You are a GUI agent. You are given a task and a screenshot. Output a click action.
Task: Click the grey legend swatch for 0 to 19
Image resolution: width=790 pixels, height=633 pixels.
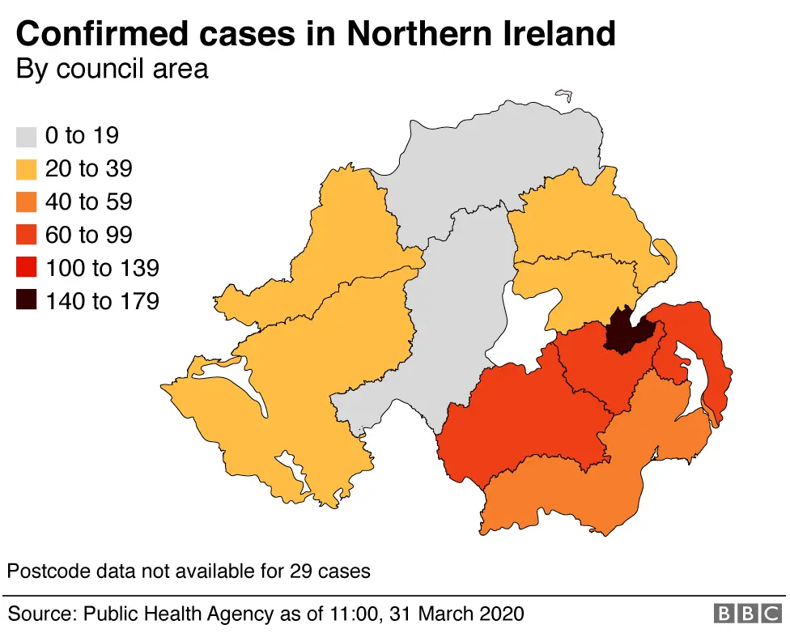(27, 135)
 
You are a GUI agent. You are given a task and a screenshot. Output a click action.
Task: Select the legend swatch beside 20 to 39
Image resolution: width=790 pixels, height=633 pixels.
(27, 168)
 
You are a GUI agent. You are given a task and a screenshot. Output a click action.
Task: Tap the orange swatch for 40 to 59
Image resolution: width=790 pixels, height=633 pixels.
(27, 202)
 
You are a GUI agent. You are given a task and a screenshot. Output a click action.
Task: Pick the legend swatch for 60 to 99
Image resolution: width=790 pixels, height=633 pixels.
(27, 235)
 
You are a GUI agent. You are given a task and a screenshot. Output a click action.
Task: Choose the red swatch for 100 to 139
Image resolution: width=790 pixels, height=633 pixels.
(27, 268)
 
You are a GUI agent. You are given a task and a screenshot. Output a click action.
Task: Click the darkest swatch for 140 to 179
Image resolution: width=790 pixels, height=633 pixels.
(27, 301)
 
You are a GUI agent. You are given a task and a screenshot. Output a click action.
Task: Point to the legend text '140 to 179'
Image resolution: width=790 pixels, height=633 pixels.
(102, 301)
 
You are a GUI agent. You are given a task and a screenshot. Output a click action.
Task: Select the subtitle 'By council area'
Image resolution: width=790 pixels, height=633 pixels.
(112, 69)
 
